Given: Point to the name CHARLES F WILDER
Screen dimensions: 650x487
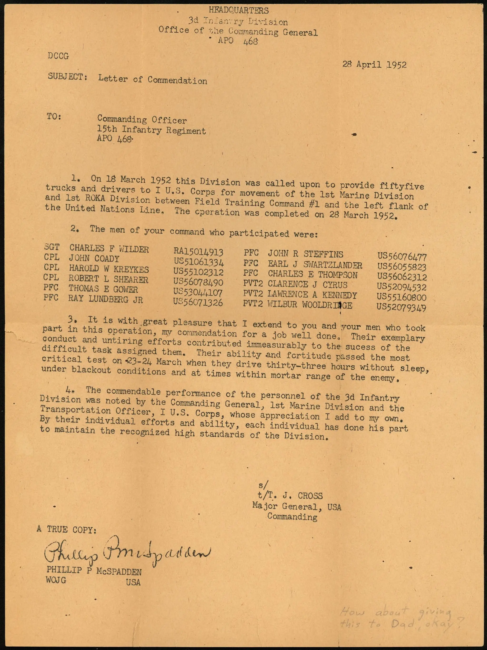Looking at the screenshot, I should pos(109,249).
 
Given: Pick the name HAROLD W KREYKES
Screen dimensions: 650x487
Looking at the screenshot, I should pos(109,269).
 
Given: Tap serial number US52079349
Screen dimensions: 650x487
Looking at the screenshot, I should pos(401,307).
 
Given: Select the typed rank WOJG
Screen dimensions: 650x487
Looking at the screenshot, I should pos(56,580).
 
